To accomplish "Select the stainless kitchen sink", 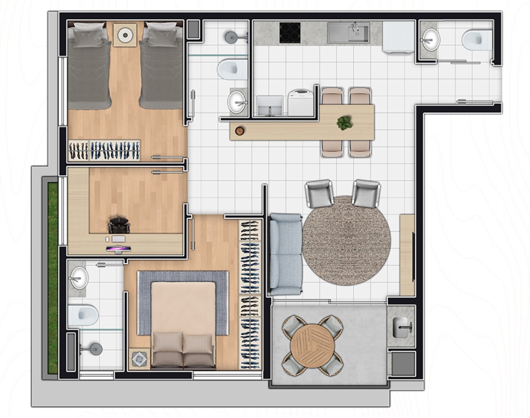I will pos(348,33).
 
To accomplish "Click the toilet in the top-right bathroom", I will pos(476,40).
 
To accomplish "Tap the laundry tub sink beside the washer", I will pos(270,106).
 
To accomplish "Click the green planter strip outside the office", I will pos(52,278).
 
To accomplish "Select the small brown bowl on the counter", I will pos(239,131).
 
